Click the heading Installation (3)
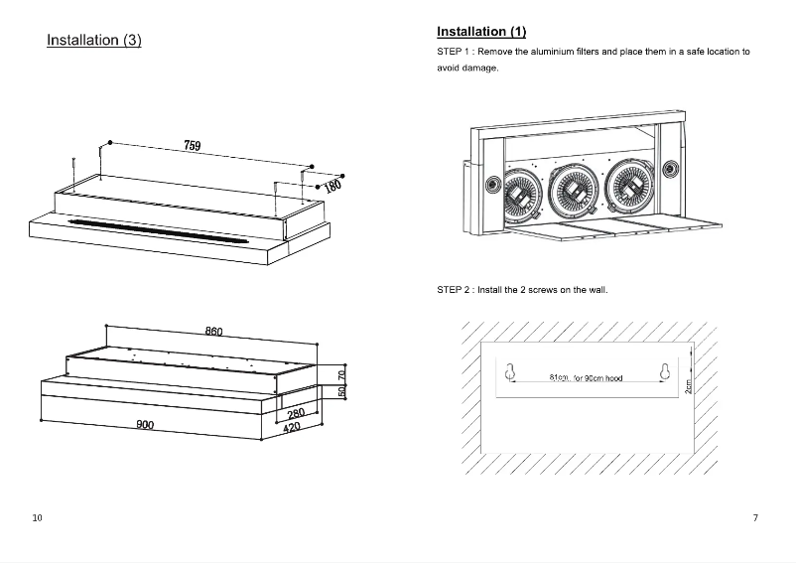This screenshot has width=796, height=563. (x=94, y=41)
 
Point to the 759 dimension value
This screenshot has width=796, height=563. (x=193, y=146)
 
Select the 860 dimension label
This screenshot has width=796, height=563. (x=213, y=331)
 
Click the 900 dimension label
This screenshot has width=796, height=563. (x=145, y=424)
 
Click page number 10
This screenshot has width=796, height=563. (x=37, y=518)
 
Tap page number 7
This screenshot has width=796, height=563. (x=755, y=518)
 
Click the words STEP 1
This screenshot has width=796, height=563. (x=454, y=52)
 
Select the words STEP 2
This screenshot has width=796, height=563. (x=454, y=290)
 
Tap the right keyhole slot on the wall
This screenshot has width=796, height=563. (x=666, y=371)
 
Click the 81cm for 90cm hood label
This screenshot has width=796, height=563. (x=586, y=378)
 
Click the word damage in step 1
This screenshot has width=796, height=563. (x=479, y=69)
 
